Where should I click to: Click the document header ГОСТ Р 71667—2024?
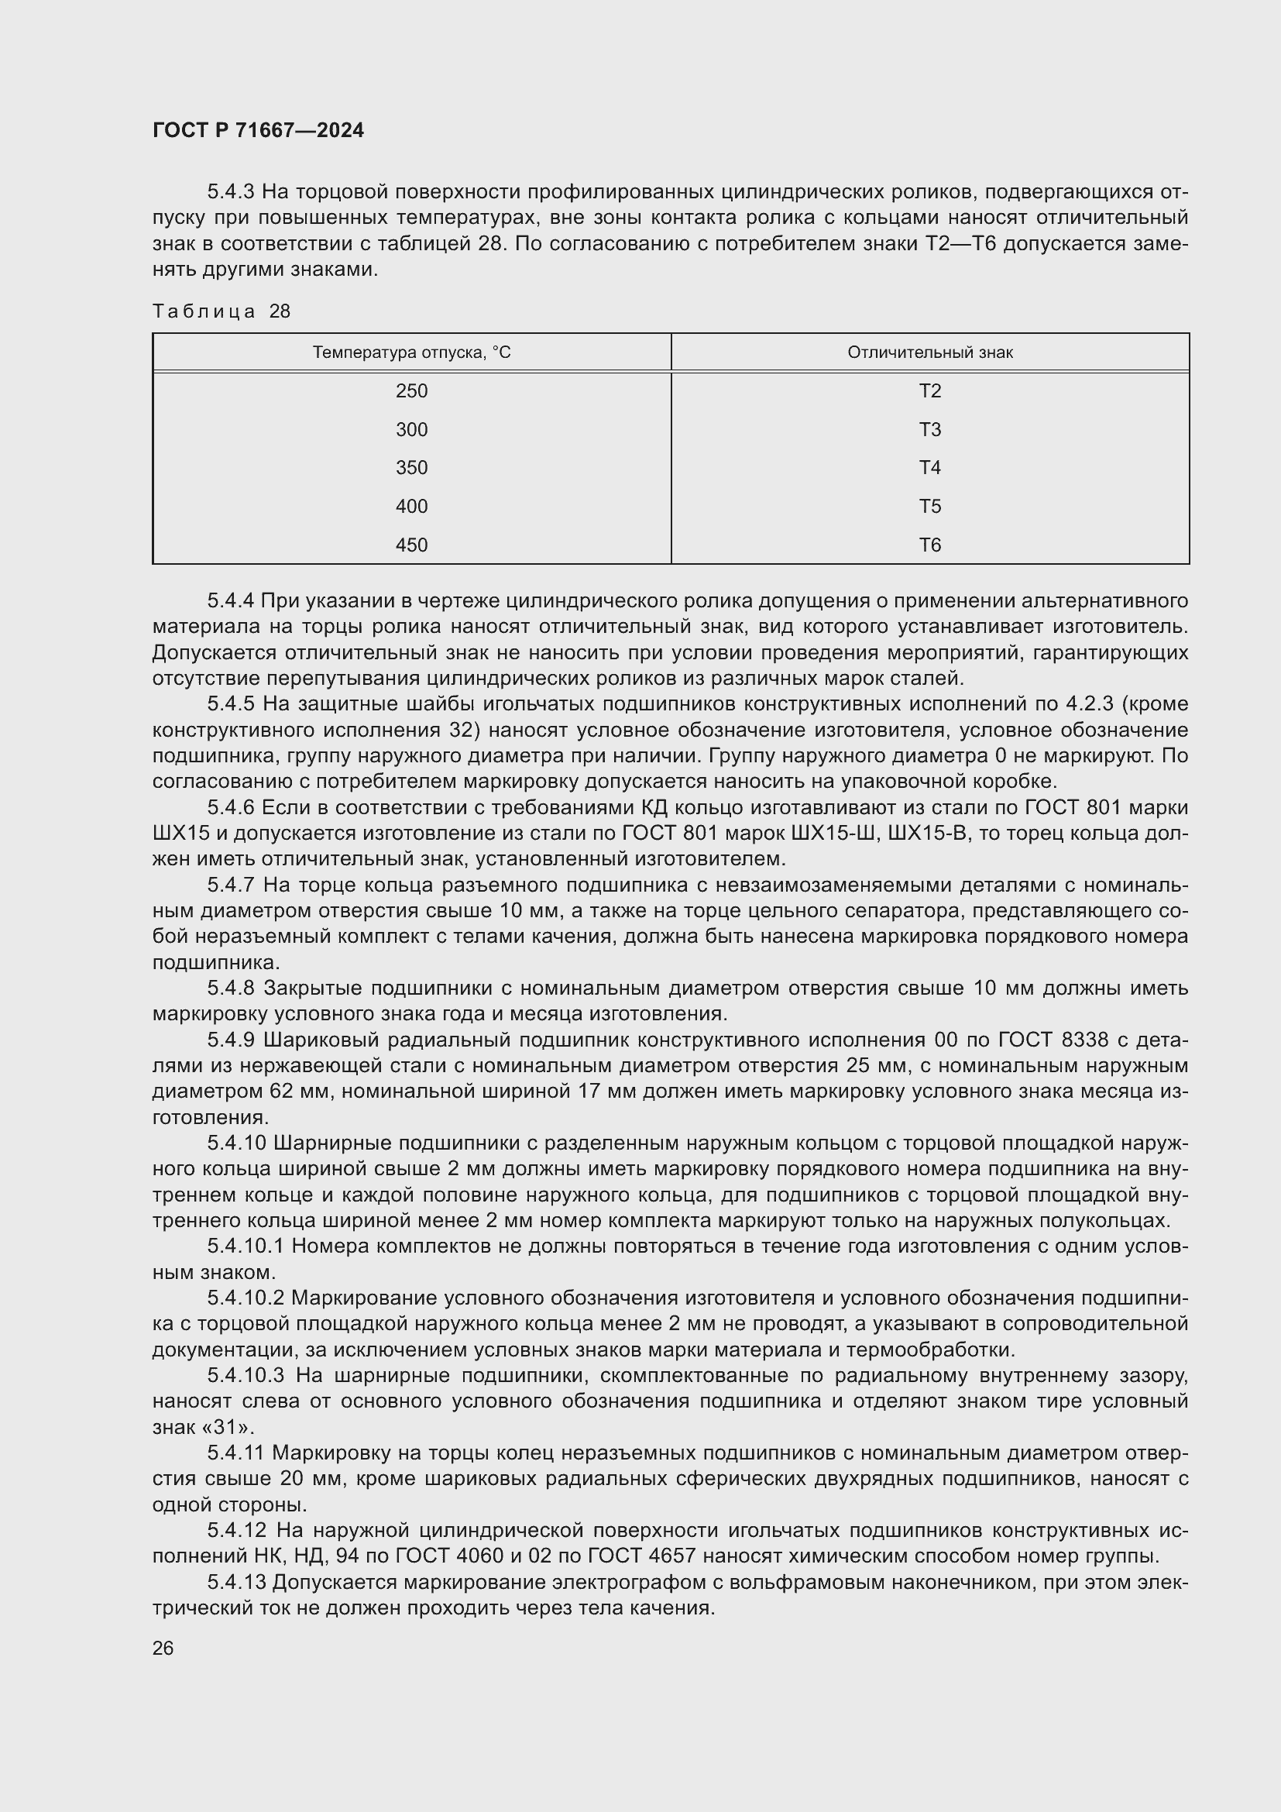click(x=258, y=130)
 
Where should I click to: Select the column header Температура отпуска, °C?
click(x=412, y=352)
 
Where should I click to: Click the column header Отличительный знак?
click(x=930, y=352)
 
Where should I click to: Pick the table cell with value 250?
click(x=412, y=390)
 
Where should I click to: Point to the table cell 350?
click(x=412, y=467)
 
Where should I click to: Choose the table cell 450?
click(x=412, y=545)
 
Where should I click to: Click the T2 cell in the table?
click(x=930, y=390)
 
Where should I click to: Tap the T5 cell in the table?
click(x=930, y=506)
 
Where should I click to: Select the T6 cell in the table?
click(x=930, y=545)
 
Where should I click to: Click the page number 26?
click(x=163, y=1649)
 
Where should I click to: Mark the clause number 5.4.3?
click(x=230, y=192)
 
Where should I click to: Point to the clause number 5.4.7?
click(x=230, y=885)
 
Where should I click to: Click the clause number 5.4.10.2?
click(x=246, y=1298)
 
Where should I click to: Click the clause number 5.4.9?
click(x=230, y=1040)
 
